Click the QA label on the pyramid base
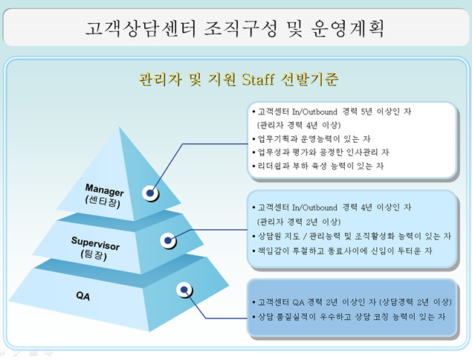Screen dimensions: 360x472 83,295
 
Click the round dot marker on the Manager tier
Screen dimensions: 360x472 152,193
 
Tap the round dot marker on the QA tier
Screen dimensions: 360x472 183,289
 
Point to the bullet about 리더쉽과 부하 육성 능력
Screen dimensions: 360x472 320,165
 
